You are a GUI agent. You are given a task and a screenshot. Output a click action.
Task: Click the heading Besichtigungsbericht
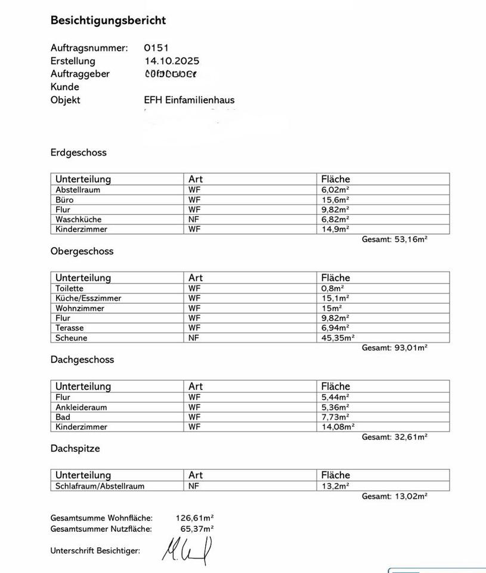pos(108,20)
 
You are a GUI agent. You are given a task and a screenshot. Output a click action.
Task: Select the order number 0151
pos(157,48)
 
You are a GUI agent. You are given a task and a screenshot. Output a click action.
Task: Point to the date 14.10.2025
pos(172,61)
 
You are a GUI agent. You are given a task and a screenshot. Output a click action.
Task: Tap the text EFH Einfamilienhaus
pos(189,100)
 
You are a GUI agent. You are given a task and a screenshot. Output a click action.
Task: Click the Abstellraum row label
pos(78,190)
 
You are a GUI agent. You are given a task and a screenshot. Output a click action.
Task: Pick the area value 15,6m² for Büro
pos(335,200)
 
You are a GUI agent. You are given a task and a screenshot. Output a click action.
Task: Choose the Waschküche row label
pos(78,220)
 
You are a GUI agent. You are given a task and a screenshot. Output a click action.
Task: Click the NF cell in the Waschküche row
pos(194,220)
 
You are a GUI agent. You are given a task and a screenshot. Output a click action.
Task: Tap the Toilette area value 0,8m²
pos(334,288)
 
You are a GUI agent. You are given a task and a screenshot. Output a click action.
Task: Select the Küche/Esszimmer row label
pos(88,298)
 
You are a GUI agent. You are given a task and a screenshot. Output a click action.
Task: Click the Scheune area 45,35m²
pos(338,338)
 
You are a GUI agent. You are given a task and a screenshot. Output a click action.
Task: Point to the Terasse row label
pos(70,328)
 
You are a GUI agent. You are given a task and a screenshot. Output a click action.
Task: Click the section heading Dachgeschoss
pos(82,360)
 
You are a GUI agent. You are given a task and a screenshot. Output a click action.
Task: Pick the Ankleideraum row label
pos(81,407)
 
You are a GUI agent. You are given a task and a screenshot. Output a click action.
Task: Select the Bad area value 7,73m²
pos(335,417)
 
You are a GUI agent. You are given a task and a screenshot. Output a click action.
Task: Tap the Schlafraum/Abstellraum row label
pos(100,486)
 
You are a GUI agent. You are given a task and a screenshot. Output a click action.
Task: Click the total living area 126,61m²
pos(195,518)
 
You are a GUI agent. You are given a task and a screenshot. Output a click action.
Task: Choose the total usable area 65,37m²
pos(197,529)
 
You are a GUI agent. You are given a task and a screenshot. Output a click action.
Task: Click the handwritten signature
pos(187,550)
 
